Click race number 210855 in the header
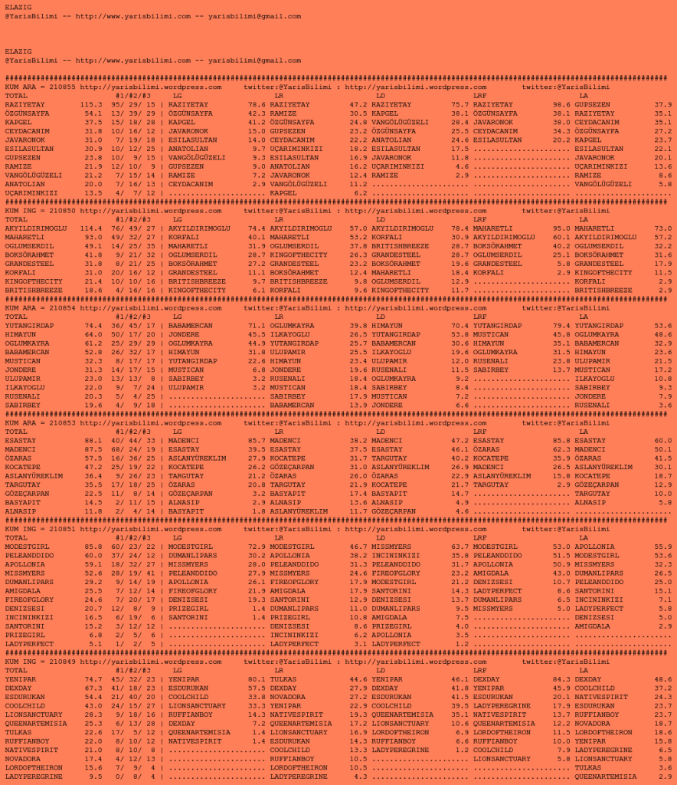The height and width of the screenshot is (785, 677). coord(62,87)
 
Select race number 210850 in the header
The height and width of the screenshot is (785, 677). coord(62,209)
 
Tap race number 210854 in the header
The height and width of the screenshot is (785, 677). coord(62,307)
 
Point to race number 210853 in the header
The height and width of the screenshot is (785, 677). coord(62,422)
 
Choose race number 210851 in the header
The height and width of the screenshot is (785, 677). coord(62,528)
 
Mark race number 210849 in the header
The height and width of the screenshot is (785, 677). coord(62,660)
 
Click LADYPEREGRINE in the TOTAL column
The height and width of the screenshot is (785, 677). coord(33,775)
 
